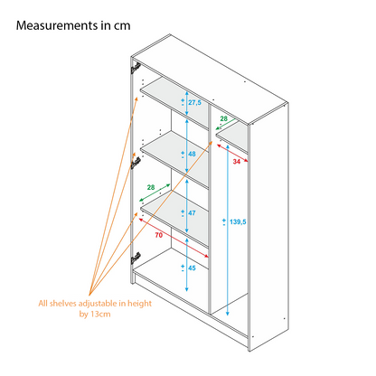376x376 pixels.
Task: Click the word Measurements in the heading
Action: click(57, 25)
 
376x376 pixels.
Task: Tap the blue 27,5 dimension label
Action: click(194, 103)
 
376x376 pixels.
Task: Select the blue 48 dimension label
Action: click(192, 154)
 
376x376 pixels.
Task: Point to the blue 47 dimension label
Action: click(192, 213)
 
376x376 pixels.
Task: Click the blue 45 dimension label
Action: click(192, 268)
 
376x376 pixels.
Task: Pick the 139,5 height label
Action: click(238, 222)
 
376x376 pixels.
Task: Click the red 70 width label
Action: click(159, 235)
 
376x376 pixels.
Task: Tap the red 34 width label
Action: click(237, 162)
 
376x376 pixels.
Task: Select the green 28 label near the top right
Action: click(223, 118)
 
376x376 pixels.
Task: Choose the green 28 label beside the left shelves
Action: click(151, 187)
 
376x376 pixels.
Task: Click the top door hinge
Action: click(136, 68)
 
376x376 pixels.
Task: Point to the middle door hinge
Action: click(136, 163)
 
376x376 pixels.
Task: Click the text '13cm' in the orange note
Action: click(100, 315)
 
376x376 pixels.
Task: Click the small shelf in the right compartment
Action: click(232, 137)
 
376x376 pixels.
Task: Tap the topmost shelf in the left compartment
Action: click(174, 103)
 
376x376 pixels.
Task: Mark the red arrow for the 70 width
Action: click(174, 238)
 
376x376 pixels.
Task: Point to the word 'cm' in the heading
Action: click(122, 26)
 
